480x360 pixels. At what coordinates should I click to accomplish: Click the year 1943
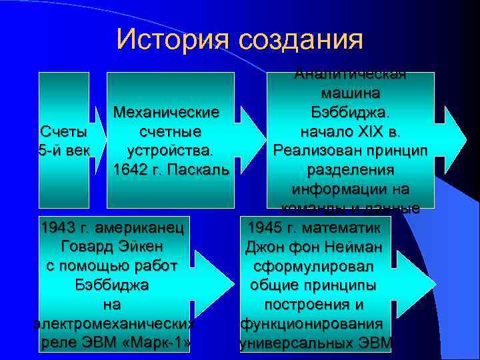(x=57, y=227)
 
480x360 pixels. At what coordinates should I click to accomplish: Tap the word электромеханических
(x=113, y=324)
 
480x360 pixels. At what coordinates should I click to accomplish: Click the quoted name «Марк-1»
(x=158, y=343)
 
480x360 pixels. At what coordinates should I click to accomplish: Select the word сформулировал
(x=313, y=265)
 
